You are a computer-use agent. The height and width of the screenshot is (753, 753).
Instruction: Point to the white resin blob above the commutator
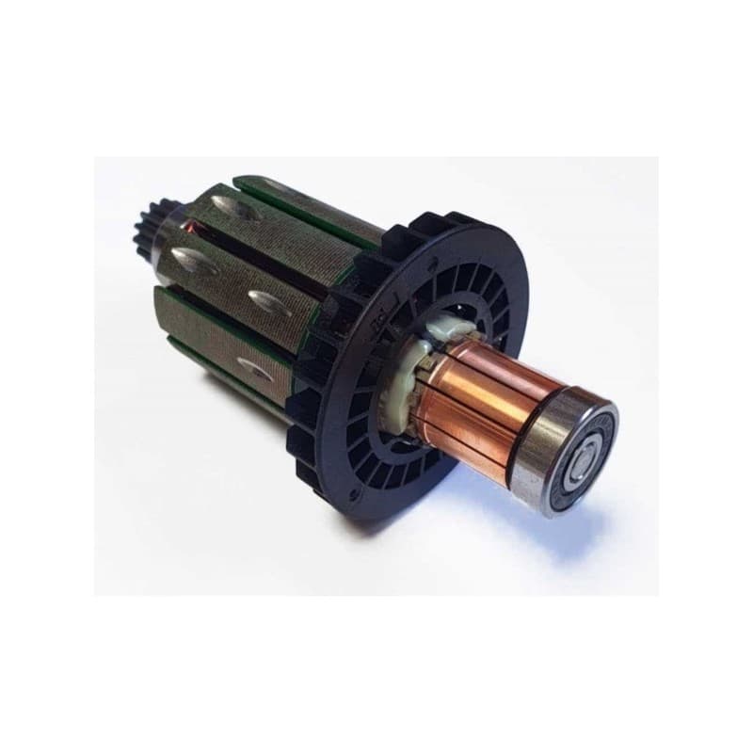[442, 332]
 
